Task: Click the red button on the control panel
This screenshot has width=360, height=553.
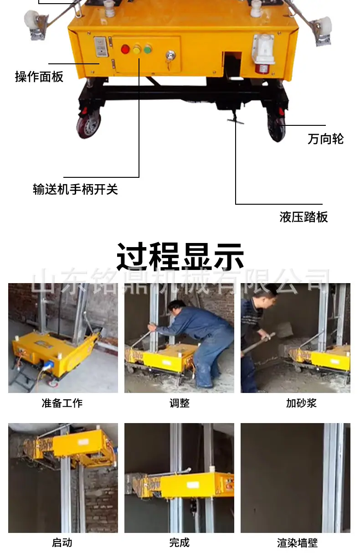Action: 125,49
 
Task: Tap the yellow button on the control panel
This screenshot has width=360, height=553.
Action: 137,50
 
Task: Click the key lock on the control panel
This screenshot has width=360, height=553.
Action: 170,55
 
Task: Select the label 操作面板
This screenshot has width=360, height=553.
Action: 39,77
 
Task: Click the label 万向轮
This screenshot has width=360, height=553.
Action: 325,139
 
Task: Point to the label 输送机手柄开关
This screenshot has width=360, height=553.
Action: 75,189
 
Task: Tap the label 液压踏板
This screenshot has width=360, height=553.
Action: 303,217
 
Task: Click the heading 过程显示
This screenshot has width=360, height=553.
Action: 180,256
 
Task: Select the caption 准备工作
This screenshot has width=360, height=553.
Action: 62,403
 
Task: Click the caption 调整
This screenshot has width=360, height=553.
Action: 180,403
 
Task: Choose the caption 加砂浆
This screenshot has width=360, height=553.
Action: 301,403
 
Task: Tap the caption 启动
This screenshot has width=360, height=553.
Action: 62,543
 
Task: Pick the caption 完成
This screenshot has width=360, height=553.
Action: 180,543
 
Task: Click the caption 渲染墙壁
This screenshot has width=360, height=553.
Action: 297,543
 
